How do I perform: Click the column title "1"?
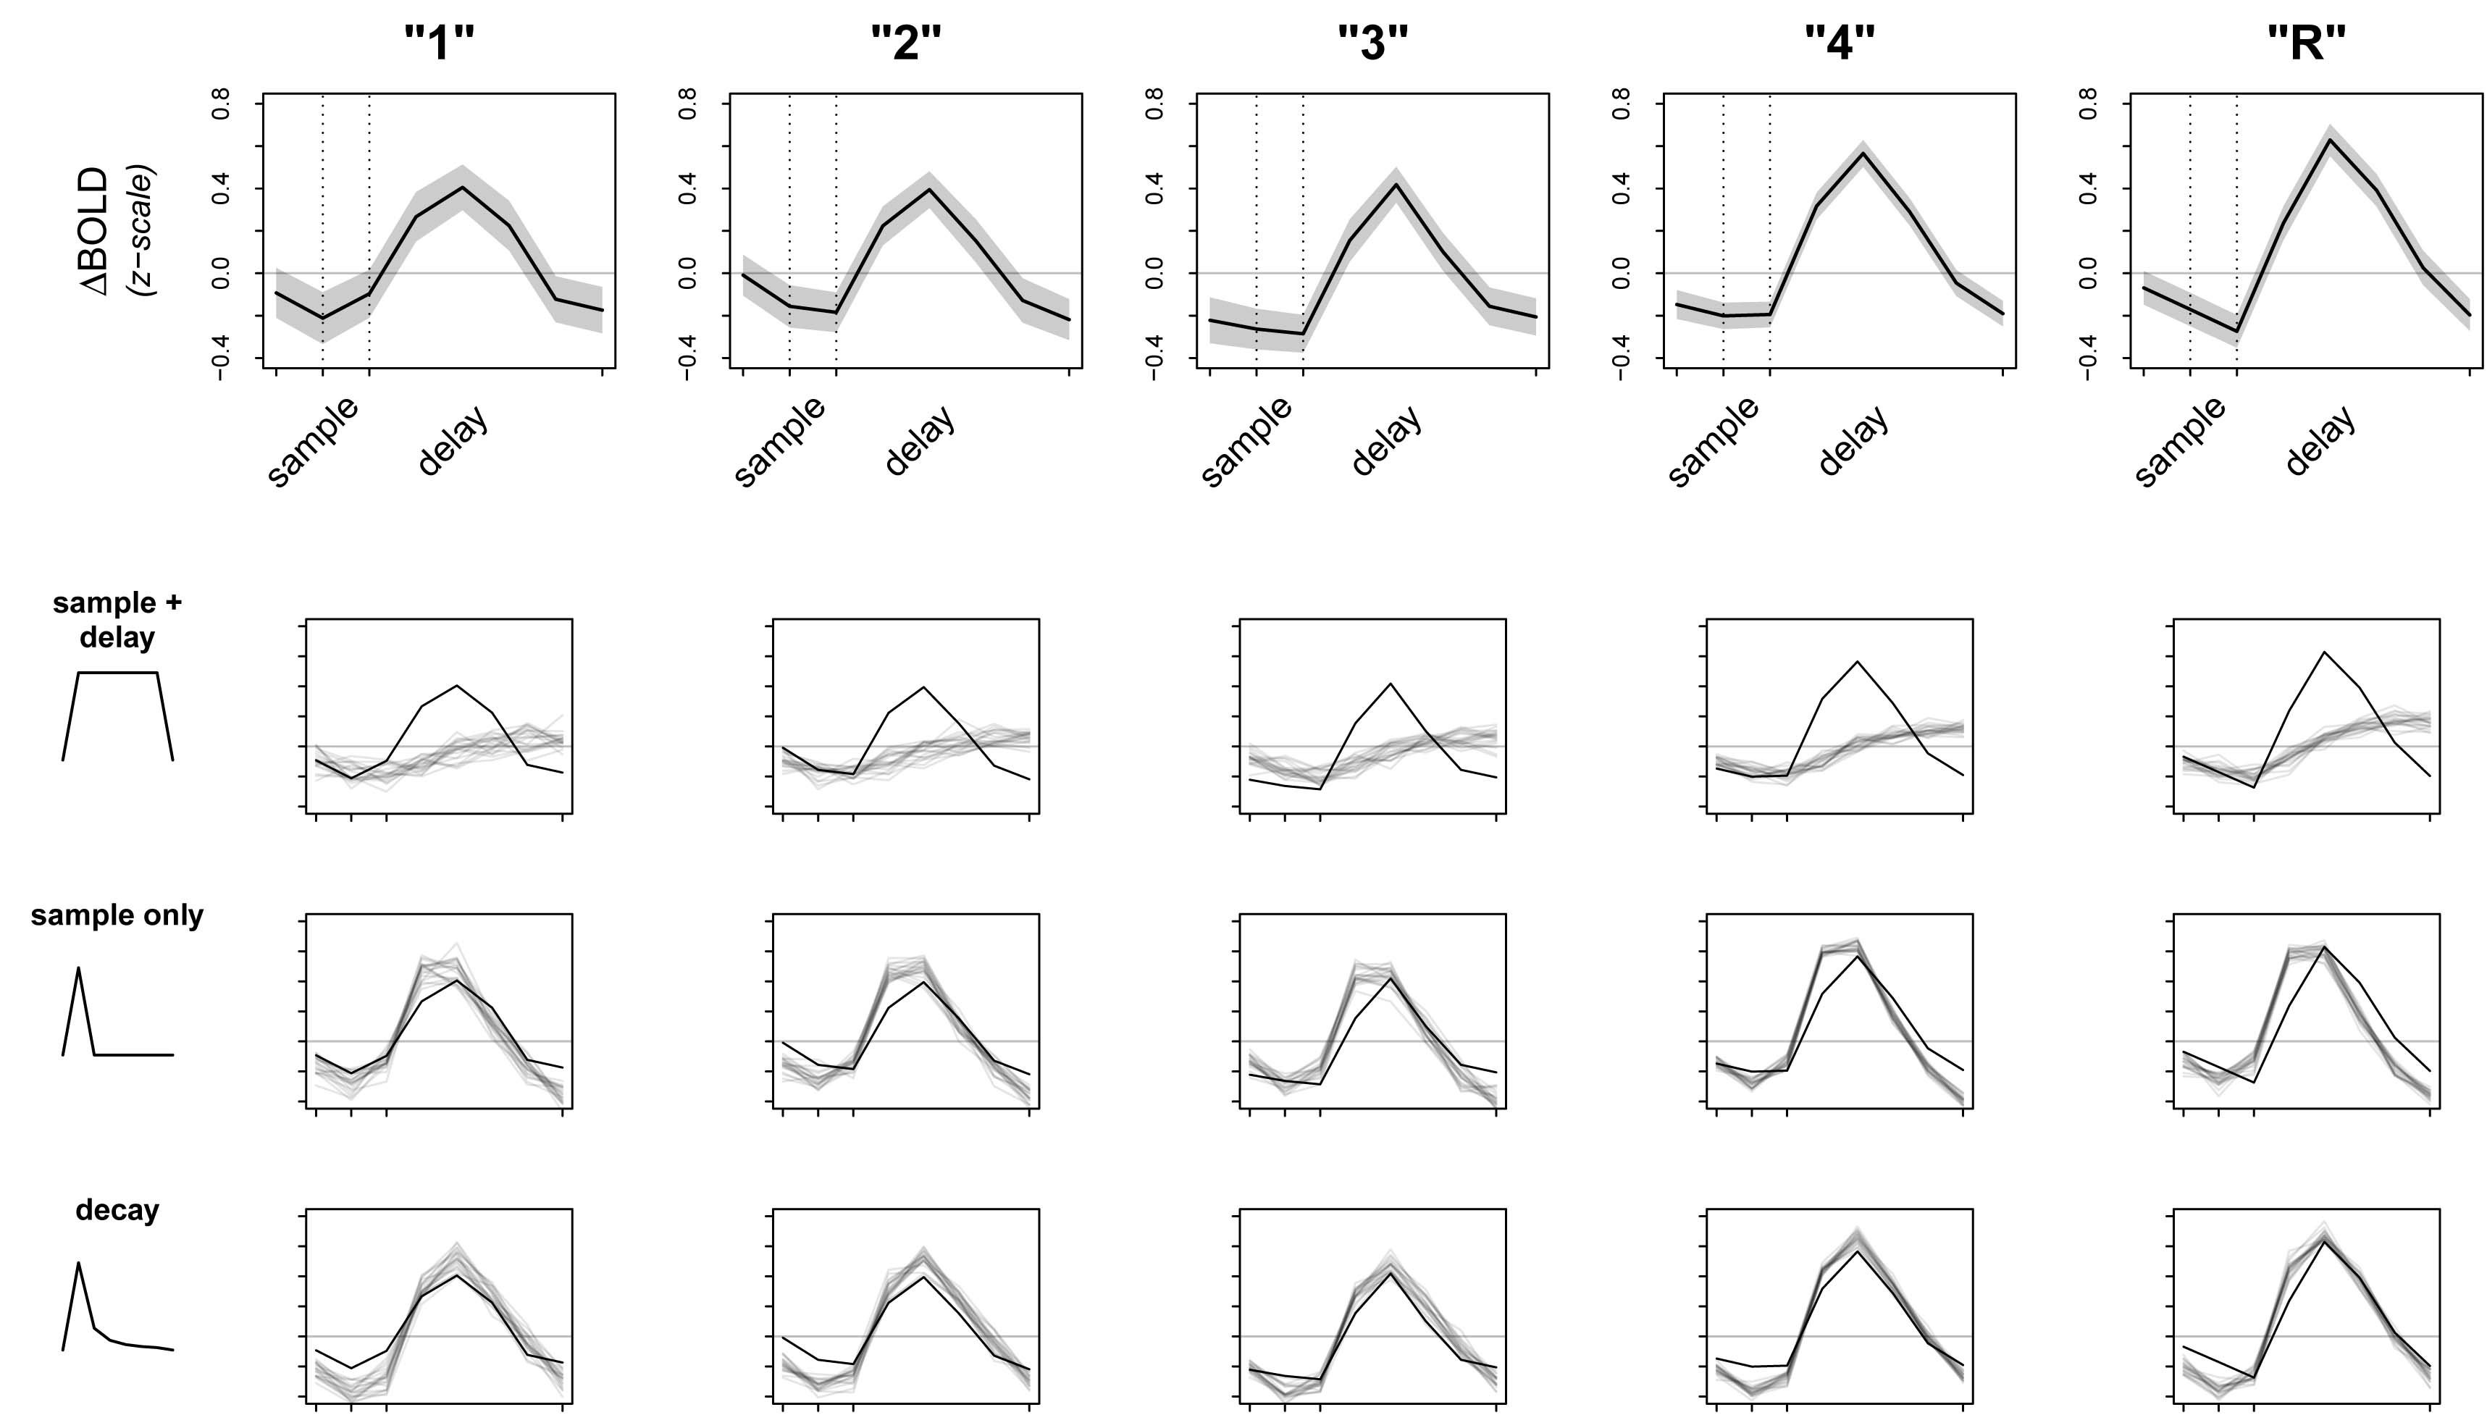440,43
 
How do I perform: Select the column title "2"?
906,43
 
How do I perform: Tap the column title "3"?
1372,43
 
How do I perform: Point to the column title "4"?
1840,43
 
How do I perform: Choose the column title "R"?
2306,43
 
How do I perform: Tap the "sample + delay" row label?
117,620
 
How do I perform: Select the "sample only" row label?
117,915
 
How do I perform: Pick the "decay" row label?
117,1211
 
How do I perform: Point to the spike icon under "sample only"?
117,1012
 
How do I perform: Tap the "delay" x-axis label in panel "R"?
2320,440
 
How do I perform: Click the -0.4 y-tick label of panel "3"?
1154,358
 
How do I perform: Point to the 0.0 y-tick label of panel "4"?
1621,273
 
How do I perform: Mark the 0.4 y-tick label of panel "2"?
688,188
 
